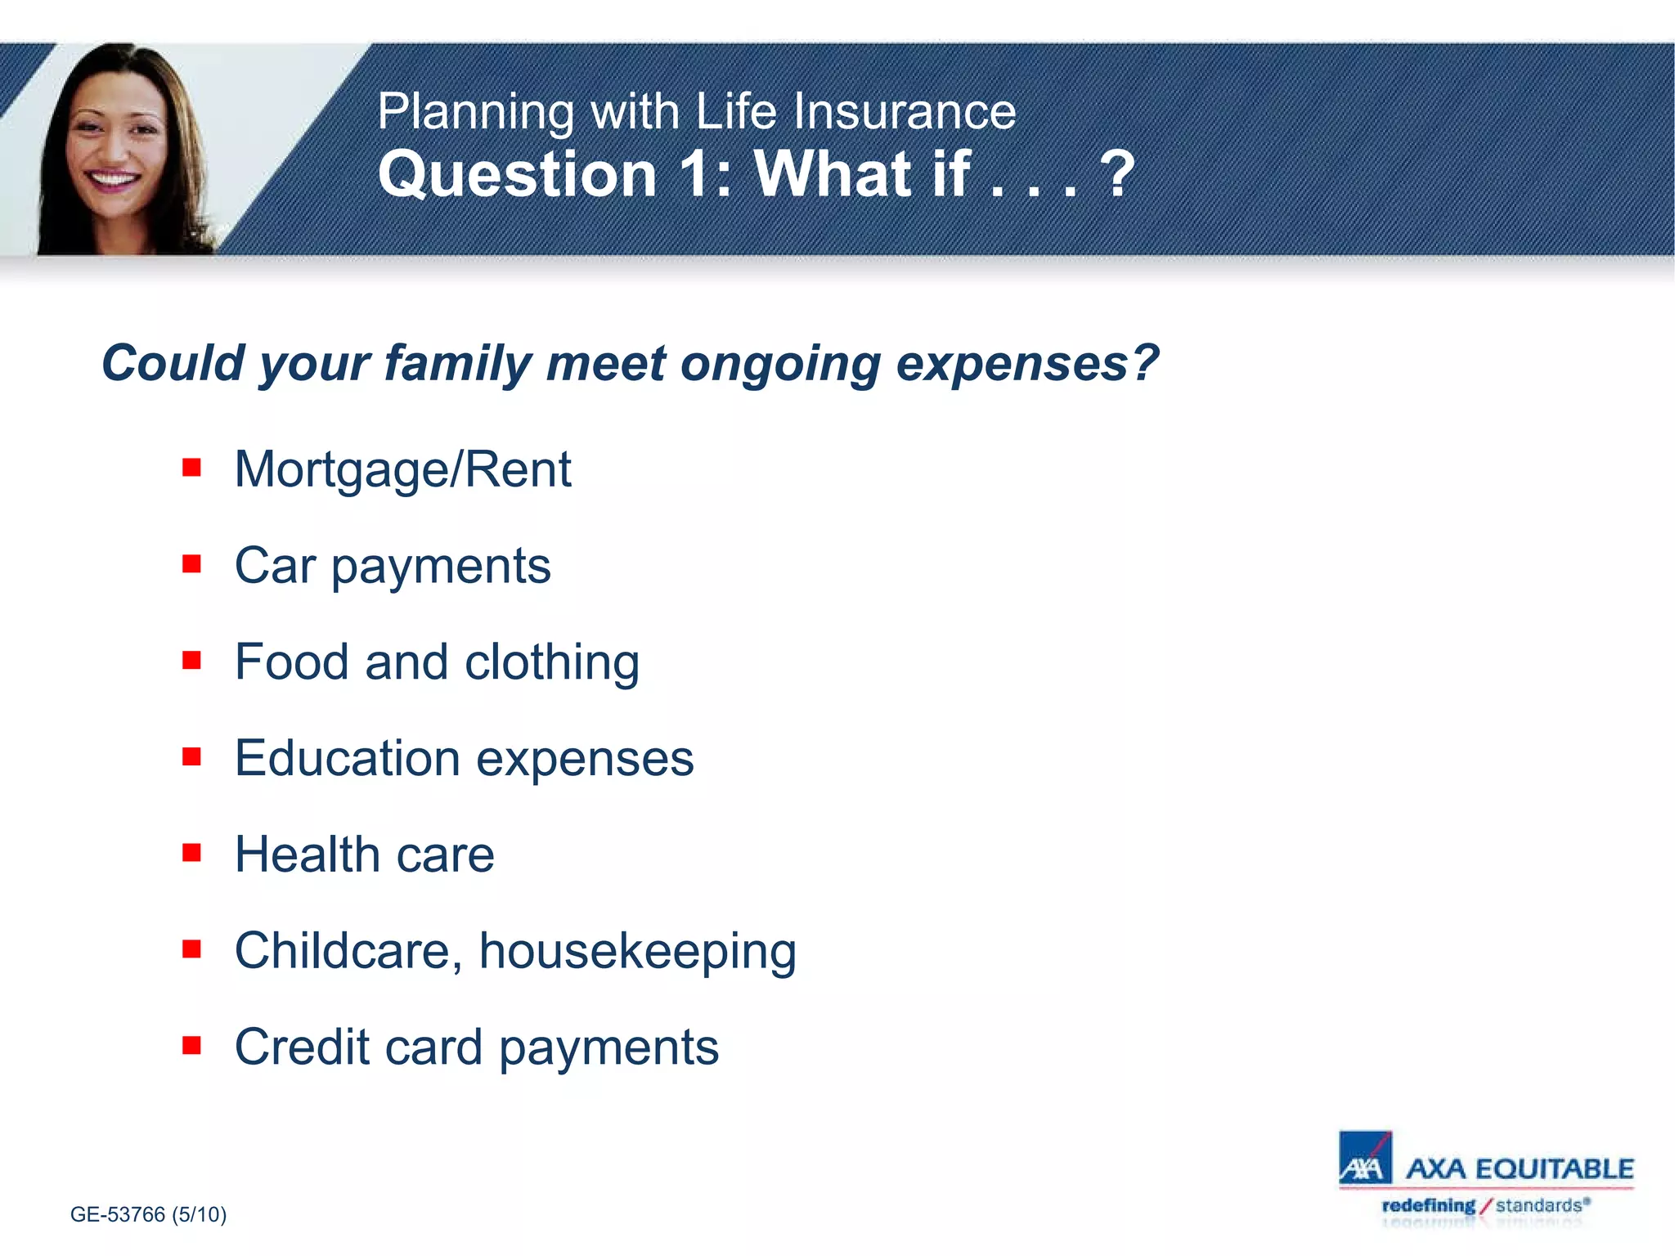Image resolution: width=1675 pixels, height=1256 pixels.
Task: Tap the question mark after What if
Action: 1116,174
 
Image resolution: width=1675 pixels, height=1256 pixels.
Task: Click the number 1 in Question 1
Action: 696,174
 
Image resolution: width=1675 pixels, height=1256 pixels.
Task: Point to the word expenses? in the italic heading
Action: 1026,364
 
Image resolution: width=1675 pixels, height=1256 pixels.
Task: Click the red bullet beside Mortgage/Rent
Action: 191,468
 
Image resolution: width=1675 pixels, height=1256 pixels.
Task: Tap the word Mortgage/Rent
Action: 402,470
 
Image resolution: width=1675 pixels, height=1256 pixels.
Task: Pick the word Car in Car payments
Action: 275,566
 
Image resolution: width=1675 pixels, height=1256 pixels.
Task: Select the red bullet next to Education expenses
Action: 191,756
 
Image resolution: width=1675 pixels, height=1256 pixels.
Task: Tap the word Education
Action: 348,758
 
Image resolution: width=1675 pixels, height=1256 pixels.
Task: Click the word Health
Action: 307,855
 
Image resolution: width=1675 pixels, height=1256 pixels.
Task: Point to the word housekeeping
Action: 637,952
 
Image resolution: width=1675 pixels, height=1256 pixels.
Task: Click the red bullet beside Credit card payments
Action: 191,1046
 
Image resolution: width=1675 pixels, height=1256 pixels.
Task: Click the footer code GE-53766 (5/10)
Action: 148,1214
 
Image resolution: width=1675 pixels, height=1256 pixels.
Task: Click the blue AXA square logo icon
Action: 1364,1158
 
